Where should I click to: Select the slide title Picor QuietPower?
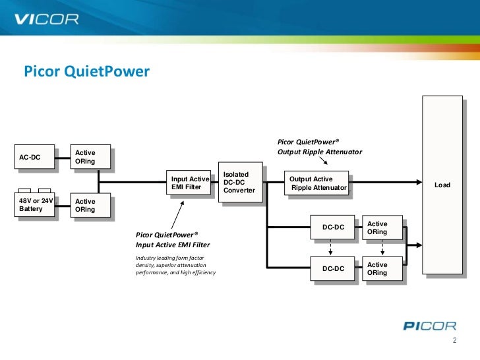[x=88, y=71]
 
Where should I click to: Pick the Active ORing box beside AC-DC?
[x=91, y=158]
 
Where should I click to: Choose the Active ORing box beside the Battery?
[x=91, y=205]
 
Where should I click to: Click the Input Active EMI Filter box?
[x=190, y=183]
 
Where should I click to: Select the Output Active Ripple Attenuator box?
[x=317, y=183]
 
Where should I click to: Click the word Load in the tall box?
[x=442, y=185]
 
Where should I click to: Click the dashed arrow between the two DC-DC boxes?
[x=330, y=248]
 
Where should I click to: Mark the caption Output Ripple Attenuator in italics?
[x=320, y=152]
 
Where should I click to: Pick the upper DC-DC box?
[x=333, y=227]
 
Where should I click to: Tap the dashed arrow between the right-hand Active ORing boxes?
[x=381, y=248]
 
